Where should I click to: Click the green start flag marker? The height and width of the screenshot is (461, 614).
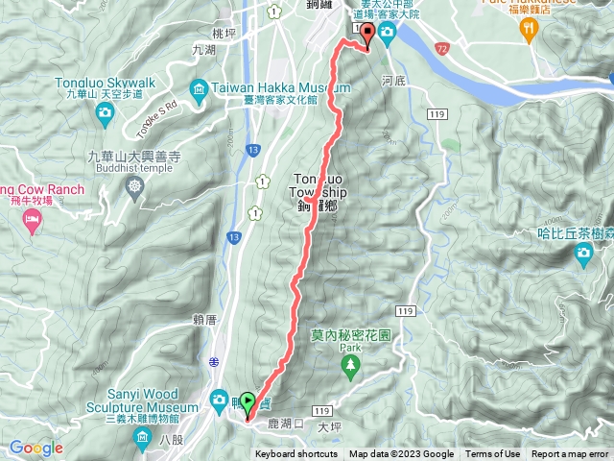[248, 402]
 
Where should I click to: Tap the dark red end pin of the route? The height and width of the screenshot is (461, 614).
[367, 36]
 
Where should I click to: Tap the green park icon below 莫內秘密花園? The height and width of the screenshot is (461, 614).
[351, 364]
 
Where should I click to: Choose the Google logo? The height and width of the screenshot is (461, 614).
[35, 449]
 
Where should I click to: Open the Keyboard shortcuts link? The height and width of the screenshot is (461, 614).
[296, 454]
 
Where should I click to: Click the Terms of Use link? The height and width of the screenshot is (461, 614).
[492, 454]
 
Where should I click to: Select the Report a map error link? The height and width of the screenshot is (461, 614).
[571, 454]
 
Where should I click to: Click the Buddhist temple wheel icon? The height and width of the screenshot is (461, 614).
[134, 183]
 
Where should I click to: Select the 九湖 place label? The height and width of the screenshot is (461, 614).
[203, 49]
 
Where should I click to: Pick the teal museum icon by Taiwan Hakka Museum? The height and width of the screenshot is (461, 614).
[200, 92]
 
